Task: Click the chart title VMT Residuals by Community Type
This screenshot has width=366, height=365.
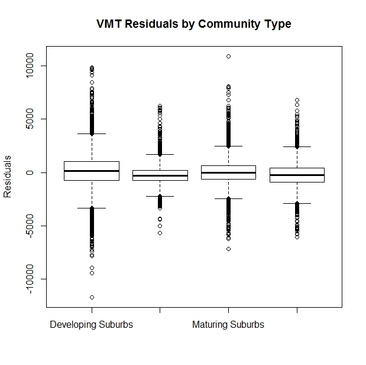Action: pos(194,24)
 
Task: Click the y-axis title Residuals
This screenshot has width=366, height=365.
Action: pos(8,177)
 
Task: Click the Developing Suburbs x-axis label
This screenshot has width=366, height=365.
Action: pos(92,325)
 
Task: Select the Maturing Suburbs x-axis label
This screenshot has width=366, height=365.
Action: pos(228,325)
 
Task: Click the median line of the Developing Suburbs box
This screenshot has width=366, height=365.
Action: pos(92,171)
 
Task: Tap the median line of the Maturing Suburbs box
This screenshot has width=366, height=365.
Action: pos(228,172)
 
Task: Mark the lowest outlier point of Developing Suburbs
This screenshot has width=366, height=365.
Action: pos(92,297)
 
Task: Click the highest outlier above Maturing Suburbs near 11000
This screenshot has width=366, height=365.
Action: pos(228,56)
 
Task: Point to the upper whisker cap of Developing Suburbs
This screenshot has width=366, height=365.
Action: pos(92,134)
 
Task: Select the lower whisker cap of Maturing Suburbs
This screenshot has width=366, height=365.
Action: pos(228,199)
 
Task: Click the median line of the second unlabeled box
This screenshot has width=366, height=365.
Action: pos(160,175)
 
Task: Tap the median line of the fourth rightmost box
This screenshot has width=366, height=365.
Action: pos(297,175)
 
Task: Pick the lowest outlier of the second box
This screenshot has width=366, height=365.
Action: pos(160,233)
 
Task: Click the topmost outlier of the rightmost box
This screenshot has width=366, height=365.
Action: pos(297,100)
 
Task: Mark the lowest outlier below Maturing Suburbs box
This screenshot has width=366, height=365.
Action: pos(228,249)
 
